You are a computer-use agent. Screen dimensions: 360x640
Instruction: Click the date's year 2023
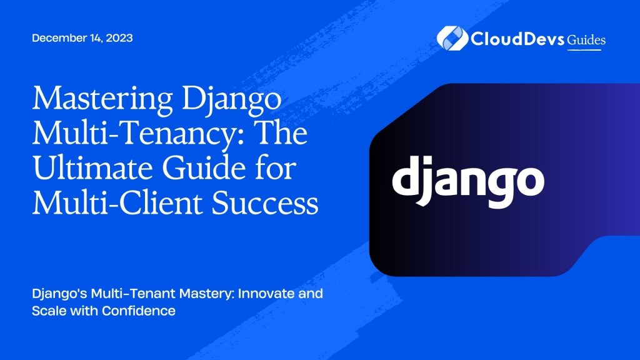point(120,38)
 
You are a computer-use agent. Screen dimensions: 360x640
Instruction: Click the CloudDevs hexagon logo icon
point(449,38)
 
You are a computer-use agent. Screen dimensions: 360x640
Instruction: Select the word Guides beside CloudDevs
point(586,40)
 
